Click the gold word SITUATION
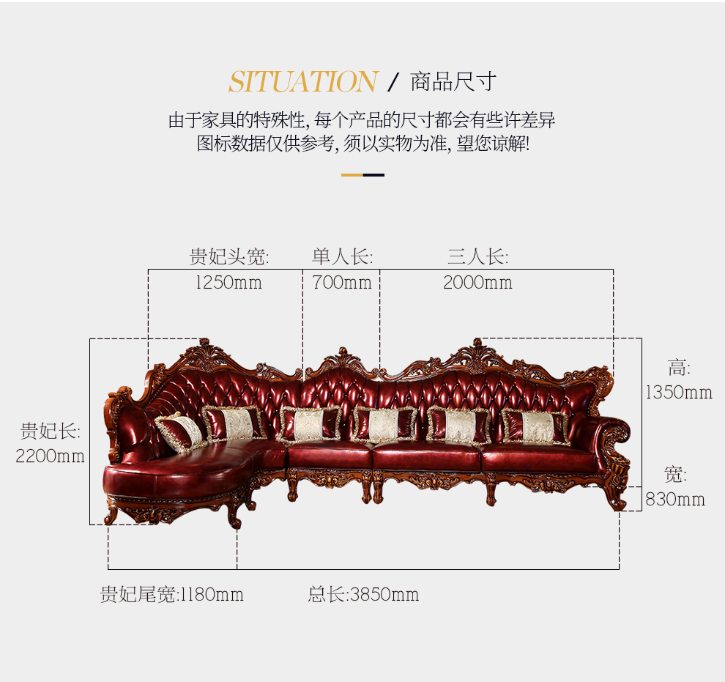pos(303,82)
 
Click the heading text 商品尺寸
pos(453,82)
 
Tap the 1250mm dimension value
pos(229,283)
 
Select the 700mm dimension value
pos(342,283)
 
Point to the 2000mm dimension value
pos(477,283)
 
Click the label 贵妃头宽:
pos(229,256)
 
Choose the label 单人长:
pos(342,256)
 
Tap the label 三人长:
pos(477,256)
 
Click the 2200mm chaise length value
pos(50,456)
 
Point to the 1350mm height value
pos(679,393)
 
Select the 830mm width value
pos(675,500)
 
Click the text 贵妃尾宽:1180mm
pos(171,595)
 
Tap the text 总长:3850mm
pos(363,595)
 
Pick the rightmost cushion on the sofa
pos(536,427)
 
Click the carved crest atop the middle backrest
pos(343,359)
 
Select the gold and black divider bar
pos(362,175)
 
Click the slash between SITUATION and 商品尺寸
pos(393,82)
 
